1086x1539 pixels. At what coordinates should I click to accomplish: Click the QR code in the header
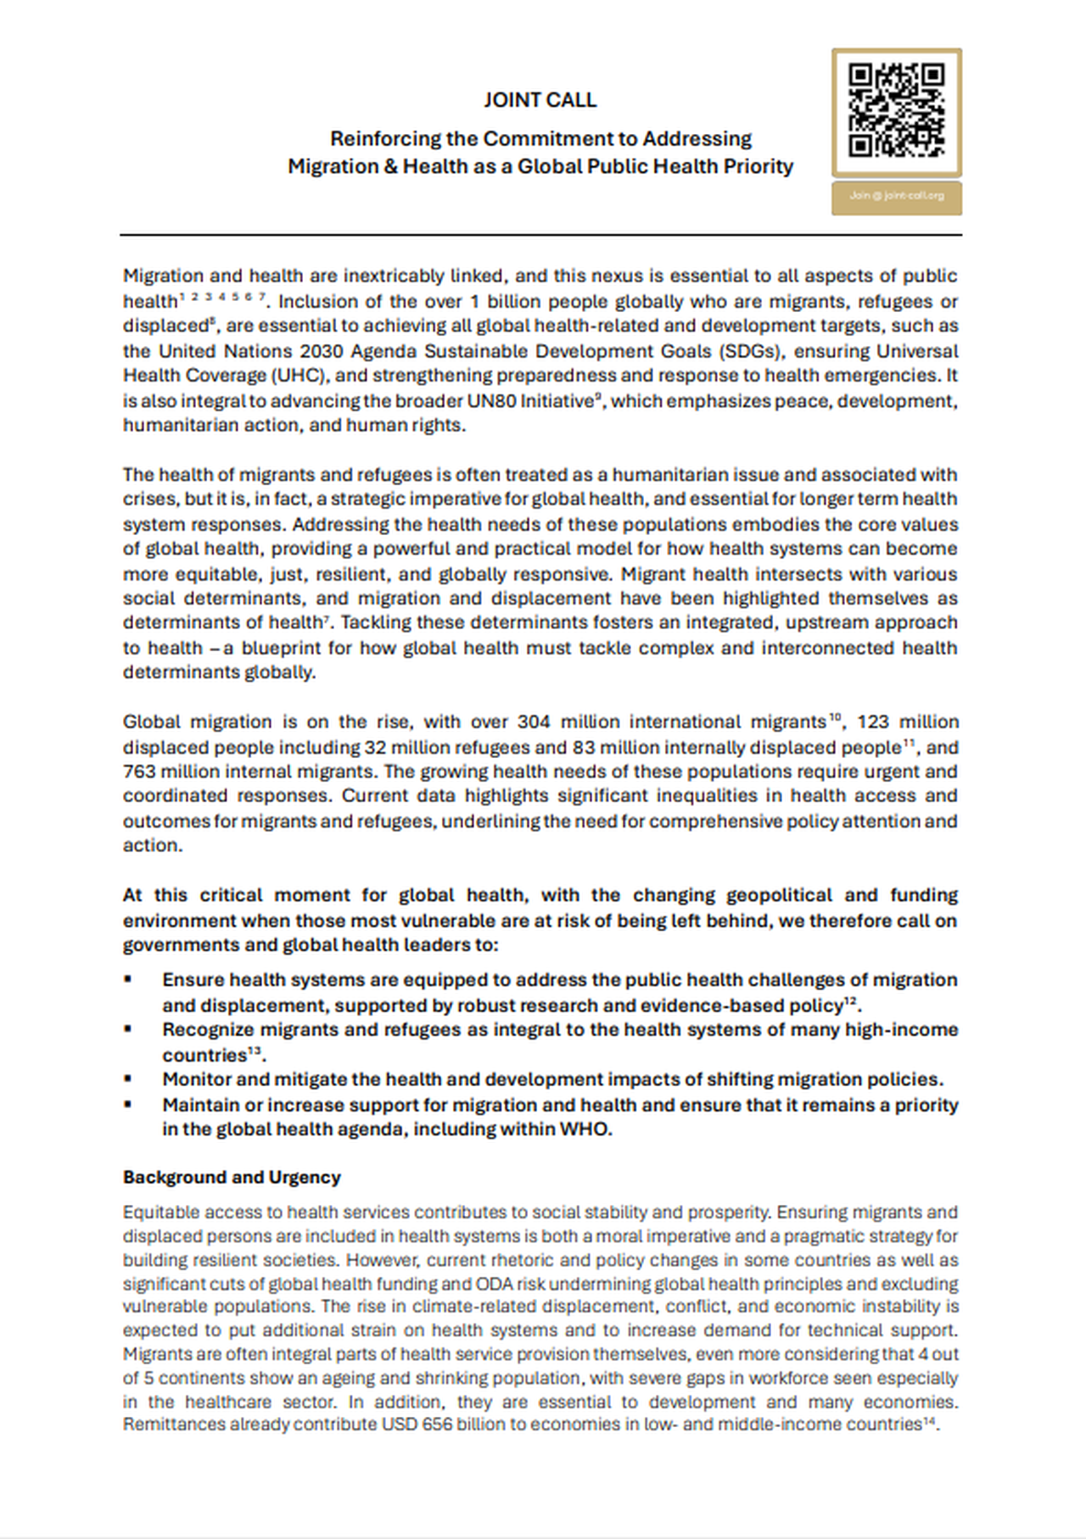tap(896, 112)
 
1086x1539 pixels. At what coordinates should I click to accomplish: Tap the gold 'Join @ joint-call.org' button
tap(896, 197)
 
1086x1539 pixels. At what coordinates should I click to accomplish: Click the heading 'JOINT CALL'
tap(540, 100)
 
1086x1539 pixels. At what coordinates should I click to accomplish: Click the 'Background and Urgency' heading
tap(232, 1177)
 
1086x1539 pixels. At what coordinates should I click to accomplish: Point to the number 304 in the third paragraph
tap(534, 722)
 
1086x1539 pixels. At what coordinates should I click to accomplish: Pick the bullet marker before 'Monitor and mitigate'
tap(128, 1079)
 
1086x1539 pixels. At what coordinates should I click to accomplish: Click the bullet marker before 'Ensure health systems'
tap(128, 979)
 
